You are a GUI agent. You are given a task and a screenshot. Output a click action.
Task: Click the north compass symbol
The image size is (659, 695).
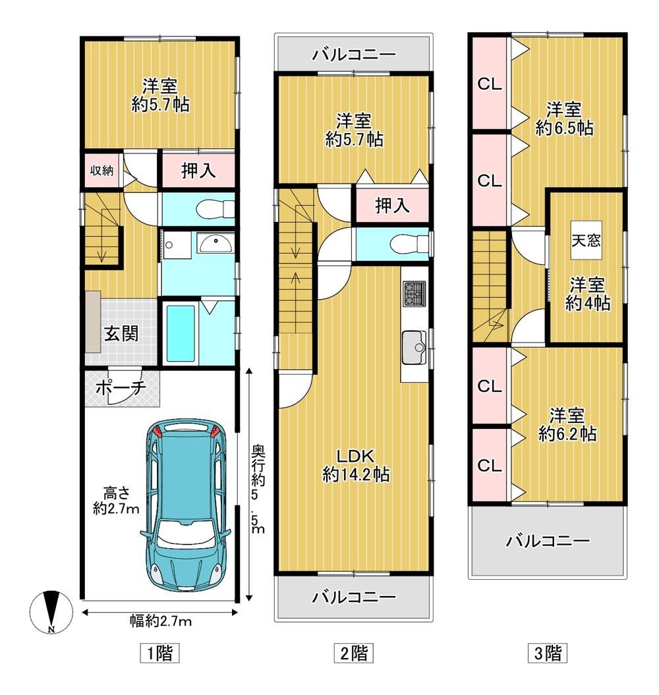(52, 613)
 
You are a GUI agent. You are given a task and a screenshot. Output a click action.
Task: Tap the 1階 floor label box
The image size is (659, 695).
(159, 653)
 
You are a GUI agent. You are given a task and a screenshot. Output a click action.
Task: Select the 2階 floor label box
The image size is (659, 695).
(353, 653)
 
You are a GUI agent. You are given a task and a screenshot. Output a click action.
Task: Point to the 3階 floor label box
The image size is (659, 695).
(547, 653)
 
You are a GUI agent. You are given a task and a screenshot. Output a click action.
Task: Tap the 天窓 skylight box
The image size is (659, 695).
(586, 240)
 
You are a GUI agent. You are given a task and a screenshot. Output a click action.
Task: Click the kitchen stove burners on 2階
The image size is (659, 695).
(414, 293)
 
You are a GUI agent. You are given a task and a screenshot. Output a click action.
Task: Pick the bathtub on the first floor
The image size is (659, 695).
(181, 333)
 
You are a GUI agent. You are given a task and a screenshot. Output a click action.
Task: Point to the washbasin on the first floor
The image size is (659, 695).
(215, 243)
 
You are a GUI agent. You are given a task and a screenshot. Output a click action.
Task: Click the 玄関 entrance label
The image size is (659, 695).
(121, 333)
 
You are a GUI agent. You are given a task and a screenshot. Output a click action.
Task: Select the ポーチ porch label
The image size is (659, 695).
(121, 388)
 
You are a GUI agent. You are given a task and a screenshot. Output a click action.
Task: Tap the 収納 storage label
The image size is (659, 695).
(102, 170)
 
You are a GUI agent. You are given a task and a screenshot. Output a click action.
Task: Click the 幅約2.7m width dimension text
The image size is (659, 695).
(161, 621)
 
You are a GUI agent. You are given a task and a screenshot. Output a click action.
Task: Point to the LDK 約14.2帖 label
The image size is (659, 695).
(356, 465)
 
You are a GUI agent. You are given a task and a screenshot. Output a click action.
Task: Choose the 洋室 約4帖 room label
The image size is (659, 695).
(587, 294)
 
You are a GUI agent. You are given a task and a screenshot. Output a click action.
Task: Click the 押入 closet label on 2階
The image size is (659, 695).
(392, 206)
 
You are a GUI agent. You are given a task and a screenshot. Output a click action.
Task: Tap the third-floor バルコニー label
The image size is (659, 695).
(548, 541)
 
